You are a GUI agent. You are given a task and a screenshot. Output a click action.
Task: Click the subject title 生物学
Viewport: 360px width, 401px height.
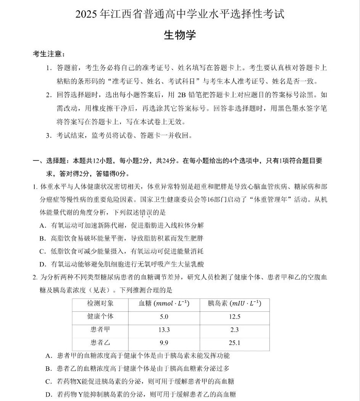180,35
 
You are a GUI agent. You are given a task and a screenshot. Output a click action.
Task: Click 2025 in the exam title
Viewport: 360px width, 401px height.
87,14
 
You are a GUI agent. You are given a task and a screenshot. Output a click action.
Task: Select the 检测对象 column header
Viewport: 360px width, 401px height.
100,303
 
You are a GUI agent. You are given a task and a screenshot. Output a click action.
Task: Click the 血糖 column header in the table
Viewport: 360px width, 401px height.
164,303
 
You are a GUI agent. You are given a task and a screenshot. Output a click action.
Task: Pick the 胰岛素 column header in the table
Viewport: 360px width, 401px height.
234,303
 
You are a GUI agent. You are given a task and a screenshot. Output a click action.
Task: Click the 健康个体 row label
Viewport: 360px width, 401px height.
100,316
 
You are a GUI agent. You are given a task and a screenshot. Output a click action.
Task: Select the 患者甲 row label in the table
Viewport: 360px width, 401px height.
100,329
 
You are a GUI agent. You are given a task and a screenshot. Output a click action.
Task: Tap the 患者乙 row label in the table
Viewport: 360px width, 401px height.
100,342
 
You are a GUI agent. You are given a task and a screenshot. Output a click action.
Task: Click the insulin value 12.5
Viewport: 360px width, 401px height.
235,317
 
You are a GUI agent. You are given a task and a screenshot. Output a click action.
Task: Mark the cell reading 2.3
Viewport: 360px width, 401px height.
235,330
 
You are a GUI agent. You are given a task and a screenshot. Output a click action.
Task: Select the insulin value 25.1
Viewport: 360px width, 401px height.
235,343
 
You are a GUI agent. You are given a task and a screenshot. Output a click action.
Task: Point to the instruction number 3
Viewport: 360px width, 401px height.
48,135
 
